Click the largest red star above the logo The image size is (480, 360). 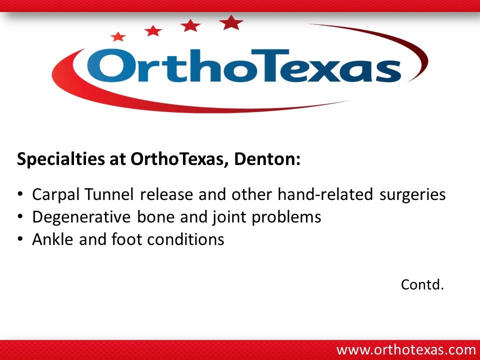click(231, 22)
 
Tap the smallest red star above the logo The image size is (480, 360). click(118, 36)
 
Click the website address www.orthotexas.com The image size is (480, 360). click(406, 349)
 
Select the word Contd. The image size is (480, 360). click(422, 285)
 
